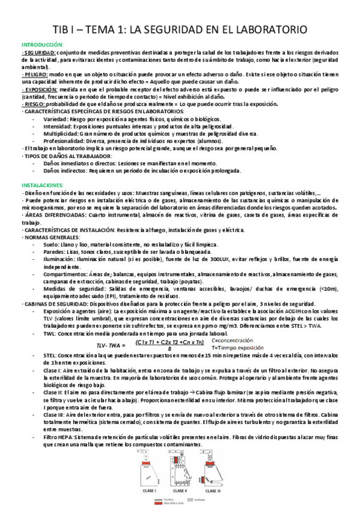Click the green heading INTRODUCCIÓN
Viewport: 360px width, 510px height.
coord(42,45)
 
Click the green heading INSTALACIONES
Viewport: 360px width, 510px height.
coord(40,185)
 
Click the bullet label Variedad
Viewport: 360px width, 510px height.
coord(55,118)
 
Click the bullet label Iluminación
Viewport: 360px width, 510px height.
coord(61,259)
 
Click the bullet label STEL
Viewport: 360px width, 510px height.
coord(51,356)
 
